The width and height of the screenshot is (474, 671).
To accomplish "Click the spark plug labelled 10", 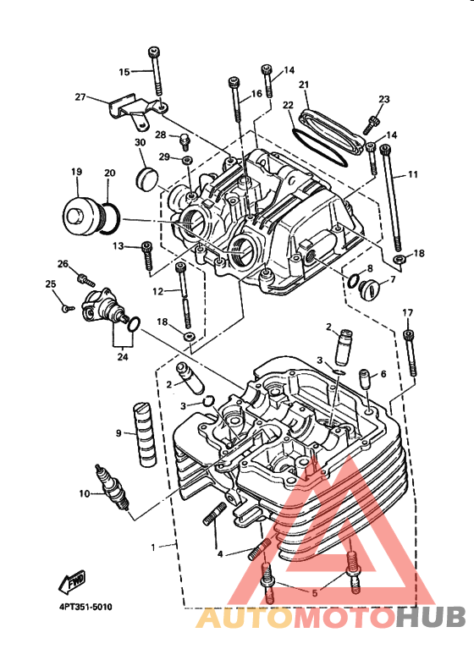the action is [x=113, y=487].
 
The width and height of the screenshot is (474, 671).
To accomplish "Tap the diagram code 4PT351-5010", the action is [x=85, y=607].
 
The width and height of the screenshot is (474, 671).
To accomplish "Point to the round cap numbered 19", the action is [x=80, y=217].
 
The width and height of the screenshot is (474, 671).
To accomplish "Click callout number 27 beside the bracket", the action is [x=80, y=97].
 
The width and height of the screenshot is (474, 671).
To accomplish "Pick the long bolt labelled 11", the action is [x=391, y=197].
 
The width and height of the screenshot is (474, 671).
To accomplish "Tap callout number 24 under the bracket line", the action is [x=123, y=356].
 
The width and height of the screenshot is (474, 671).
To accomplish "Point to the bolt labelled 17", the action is [x=411, y=353].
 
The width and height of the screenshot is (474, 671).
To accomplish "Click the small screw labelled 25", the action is [x=68, y=307].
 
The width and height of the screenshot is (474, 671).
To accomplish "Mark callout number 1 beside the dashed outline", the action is [x=153, y=547].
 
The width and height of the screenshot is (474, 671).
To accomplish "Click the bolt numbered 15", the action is [x=156, y=71].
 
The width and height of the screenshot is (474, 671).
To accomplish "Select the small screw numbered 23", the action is [x=371, y=124].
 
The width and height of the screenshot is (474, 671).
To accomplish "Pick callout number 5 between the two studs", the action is [x=315, y=593].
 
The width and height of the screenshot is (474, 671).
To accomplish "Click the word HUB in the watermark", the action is [x=430, y=617].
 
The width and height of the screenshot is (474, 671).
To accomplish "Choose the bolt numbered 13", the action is [x=147, y=255].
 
